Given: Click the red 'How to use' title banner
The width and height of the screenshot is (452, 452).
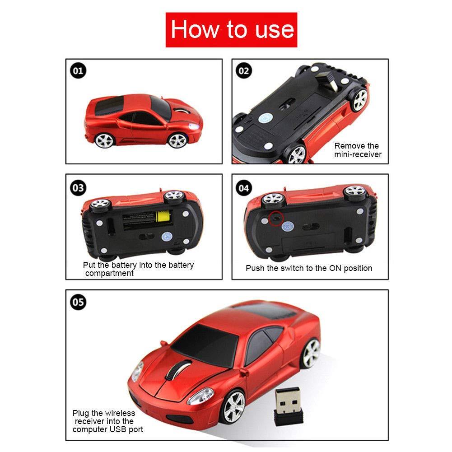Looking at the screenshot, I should pos(231,30).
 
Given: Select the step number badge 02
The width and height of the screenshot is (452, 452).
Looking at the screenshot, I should pos(244,71).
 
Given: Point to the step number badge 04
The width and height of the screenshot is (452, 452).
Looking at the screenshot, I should pos(244,187).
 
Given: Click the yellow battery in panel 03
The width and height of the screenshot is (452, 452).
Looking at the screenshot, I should pos(162,219).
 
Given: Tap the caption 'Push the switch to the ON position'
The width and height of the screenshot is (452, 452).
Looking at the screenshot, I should pos(309,268).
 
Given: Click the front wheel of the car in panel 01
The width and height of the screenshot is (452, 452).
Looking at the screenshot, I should pos(177,140).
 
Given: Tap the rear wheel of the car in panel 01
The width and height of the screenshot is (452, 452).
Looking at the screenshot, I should pos(104,140).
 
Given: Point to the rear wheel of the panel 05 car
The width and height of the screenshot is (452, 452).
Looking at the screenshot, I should pos(311,351).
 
